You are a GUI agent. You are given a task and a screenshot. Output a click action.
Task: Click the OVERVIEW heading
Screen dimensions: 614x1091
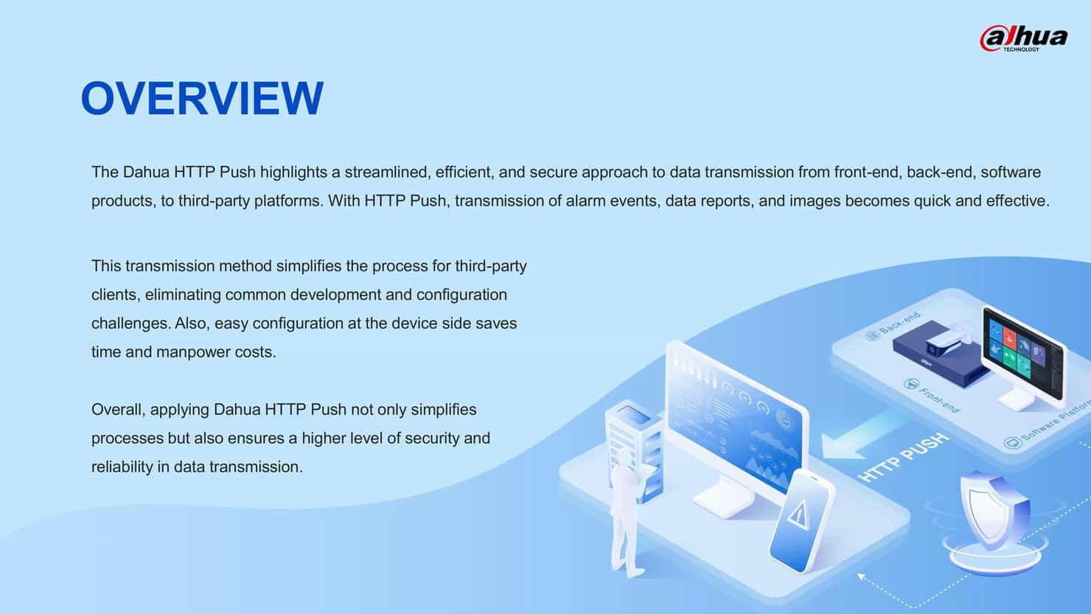click(201, 98)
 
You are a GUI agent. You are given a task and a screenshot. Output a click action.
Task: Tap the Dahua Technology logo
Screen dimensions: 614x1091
click(1023, 38)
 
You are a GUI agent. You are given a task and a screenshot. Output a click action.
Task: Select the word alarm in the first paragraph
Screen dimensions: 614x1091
click(586, 201)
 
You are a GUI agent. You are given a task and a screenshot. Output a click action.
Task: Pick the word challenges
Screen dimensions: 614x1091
click(130, 324)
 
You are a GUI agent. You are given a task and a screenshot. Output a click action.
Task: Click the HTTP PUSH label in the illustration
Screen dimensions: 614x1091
click(903, 458)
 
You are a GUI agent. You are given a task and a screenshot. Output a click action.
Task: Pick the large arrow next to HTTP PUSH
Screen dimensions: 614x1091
click(855, 434)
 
